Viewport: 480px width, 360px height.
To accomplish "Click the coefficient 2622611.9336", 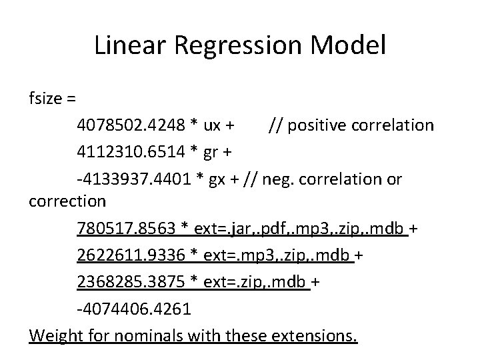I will [126, 256].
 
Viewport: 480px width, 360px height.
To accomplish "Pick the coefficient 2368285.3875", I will [126, 283].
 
